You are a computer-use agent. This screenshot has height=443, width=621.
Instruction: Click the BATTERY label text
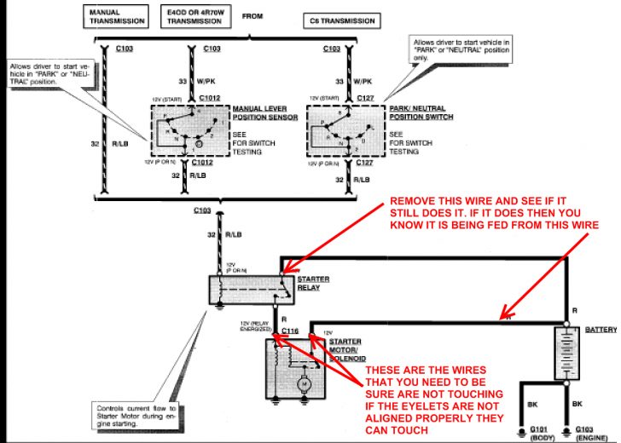click(x=601, y=329)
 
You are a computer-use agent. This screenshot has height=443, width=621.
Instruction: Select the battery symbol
click(x=566, y=354)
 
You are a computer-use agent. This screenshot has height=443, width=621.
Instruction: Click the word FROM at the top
click(x=253, y=15)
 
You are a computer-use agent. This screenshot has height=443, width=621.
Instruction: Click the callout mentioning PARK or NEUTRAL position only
click(x=452, y=50)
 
